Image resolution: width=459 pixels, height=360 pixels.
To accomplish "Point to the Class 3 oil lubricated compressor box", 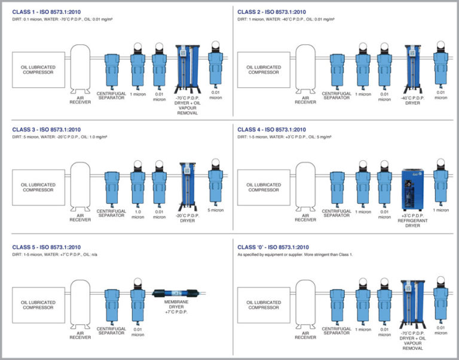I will [38, 187].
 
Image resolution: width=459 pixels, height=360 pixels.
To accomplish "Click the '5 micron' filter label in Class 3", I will [215, 210].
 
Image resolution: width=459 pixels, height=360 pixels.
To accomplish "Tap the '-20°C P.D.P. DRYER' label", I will [187, 217].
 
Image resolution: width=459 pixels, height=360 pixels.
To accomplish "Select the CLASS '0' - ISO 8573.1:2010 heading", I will [273, 247].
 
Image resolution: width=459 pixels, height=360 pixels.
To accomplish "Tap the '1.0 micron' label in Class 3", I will [138, 213].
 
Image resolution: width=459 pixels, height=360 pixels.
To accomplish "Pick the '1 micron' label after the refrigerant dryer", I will [440, 210].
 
